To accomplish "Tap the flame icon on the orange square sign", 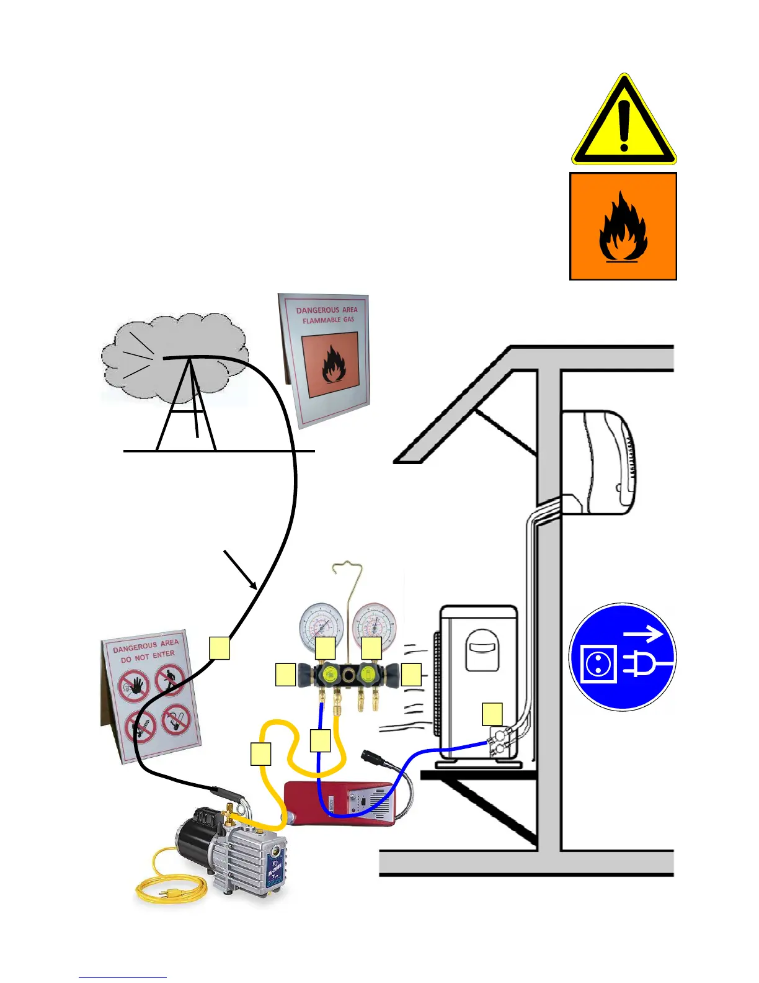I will pos(623,229).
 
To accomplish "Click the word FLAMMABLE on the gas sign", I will pos(321,320).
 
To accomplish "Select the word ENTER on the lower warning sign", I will pos(164,654).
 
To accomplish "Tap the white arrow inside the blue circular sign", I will pos(643,634).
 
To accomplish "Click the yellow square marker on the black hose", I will pos(220,648).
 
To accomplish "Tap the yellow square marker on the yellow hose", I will pos(261,753).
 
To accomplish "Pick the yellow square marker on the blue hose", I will pos(320,741).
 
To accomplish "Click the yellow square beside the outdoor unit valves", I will pos(492,714).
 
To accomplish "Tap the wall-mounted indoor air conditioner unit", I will pos(598,462).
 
